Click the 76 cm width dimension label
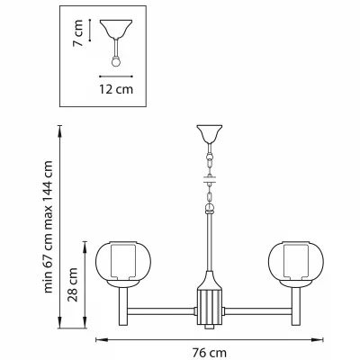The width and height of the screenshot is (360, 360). click(x=210, y=353)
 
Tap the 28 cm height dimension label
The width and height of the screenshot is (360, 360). click(x=73, y=284)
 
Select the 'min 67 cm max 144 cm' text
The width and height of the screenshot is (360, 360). click(x=49, y=227)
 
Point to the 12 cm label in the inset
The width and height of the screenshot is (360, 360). click(x=116, y=89)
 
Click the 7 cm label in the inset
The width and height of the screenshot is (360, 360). click(x=78, y=32)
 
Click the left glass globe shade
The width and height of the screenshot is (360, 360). click(x=123, y=260)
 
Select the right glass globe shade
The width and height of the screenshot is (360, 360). click(x=296, y=260)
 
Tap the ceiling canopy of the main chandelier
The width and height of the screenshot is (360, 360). click(x=210, y=134)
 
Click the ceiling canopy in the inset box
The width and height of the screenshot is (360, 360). click(x=116, y=29)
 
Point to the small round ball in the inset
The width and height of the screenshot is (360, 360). click(x=116, y=62)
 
